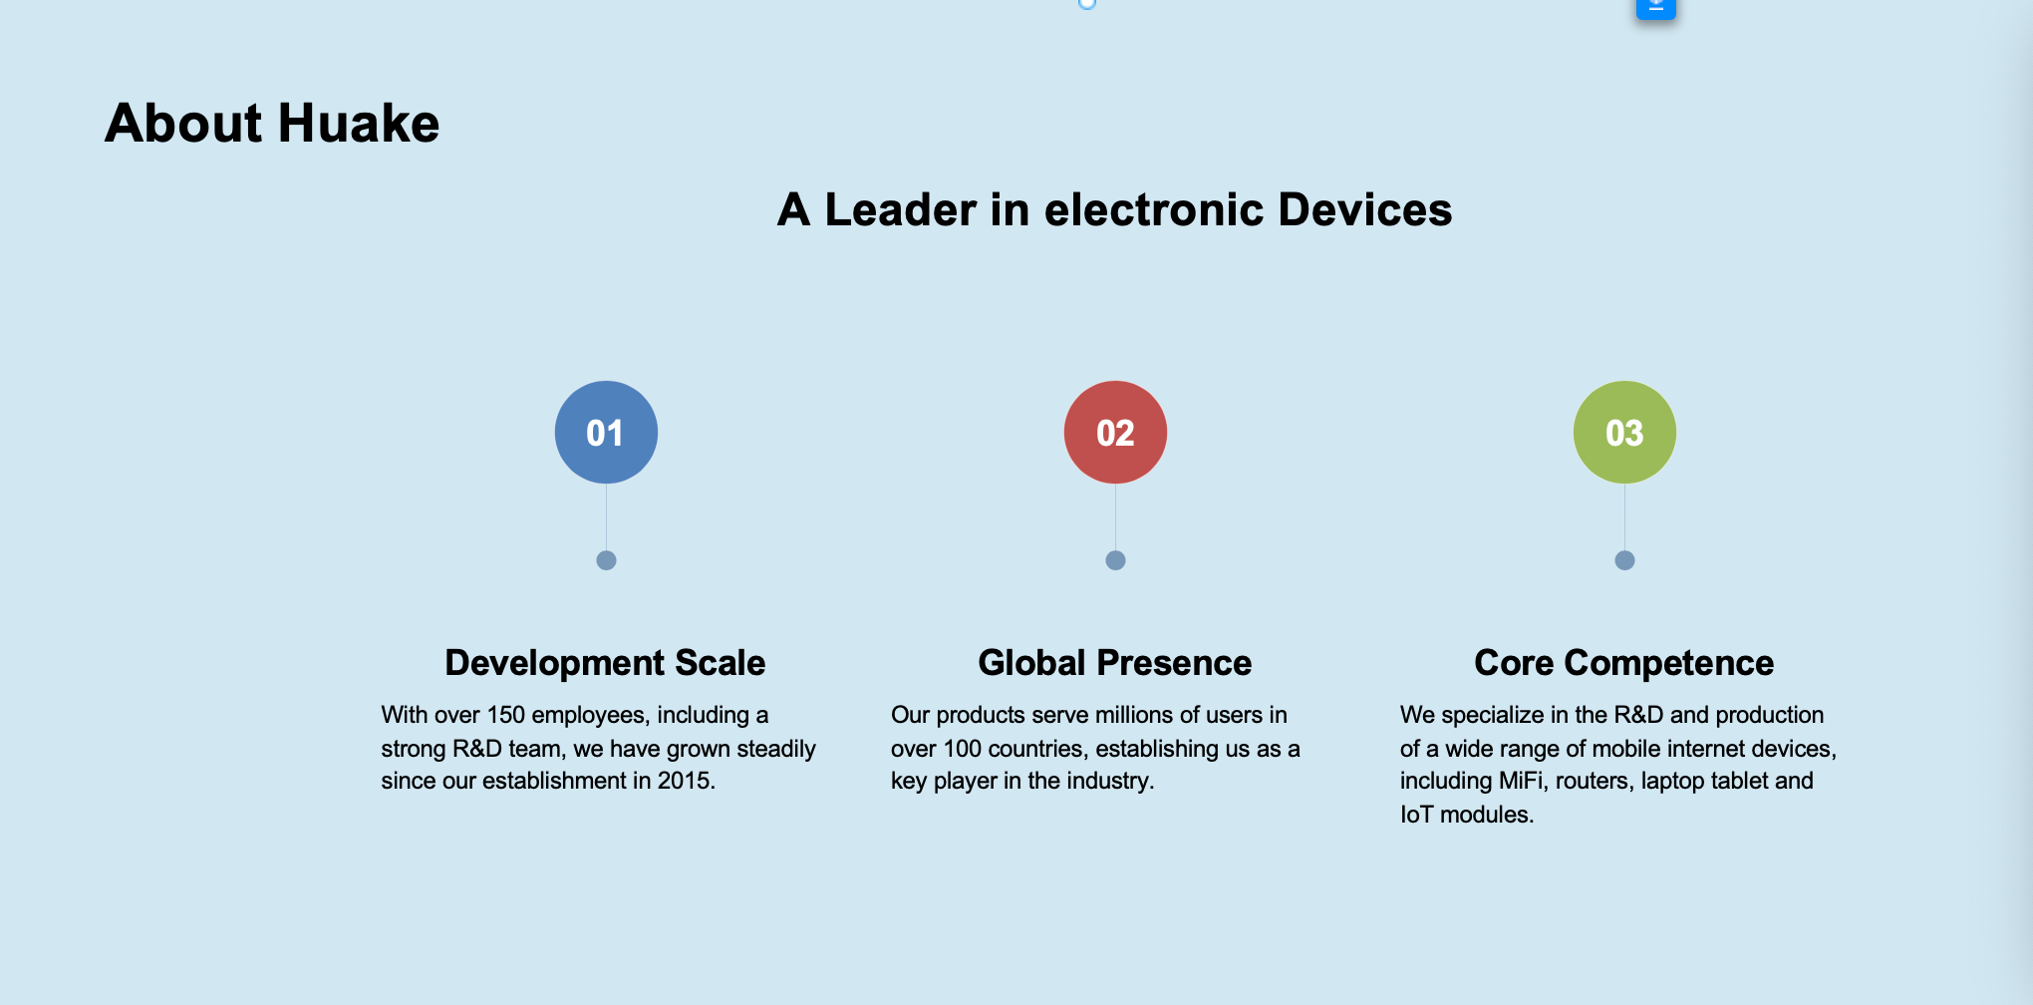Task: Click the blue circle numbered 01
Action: click(x=606, y=432)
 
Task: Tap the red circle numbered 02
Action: click(x=1115, y=432)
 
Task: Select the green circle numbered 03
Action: click(x=1624, y=432)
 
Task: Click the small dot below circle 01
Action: click(x=606, y=560)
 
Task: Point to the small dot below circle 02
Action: click(x=1115, y=560)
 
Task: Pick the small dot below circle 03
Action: click(x=1624, y=560)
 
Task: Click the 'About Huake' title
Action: click(x=272, y=124)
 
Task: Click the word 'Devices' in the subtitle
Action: click(x=1365, y=210)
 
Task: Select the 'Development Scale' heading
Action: click(x=605, y=663)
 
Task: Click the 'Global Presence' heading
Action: click(x=1115, y=663)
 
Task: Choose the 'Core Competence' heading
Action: click(x=1624, y=663)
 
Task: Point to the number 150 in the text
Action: click(x=505, y=715)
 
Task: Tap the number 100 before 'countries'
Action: click(x=963, y=749)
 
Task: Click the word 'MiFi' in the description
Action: click(x=1521, y=781)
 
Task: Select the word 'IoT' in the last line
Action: click(x=1417, y=815)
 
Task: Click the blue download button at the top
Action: click(x=1656, y=7)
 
